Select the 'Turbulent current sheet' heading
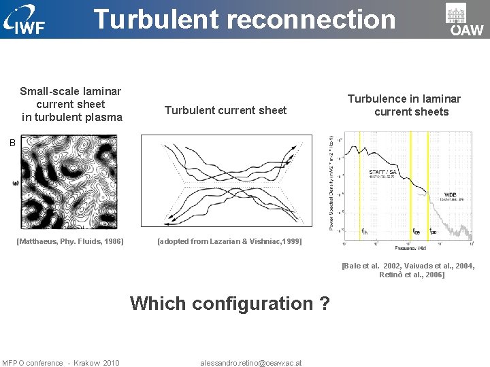pos(226,110)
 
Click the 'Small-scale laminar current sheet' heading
pos(71,104)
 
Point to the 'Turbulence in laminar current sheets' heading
pos(405,105)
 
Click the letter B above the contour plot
pos(11,143)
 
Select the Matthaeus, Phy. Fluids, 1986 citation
pos(71,241)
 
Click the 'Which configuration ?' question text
pos(230,303)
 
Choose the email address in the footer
pos(251,363)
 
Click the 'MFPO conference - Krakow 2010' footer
pos(61,363)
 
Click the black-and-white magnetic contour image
pos(69,181)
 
